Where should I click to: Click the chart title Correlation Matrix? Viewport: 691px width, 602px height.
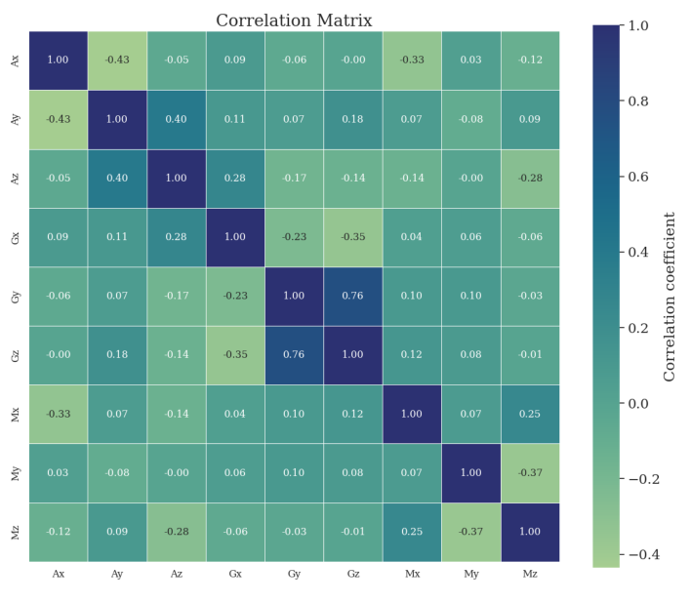(307, 20)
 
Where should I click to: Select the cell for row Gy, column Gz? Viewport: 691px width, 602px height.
(353, 296)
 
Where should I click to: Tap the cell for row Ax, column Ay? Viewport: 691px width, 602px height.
(117, 60)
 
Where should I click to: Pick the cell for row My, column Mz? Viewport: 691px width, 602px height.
(530, 472)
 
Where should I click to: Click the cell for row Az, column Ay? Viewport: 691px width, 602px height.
(117, 178)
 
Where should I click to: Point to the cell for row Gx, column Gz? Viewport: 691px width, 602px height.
(353, 237)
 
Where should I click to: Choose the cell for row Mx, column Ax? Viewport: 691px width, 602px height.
(59, 414)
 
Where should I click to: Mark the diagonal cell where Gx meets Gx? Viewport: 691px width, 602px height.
(235, 237)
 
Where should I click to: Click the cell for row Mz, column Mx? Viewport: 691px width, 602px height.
(412, 532)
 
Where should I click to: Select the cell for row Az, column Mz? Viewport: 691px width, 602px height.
(530, 178)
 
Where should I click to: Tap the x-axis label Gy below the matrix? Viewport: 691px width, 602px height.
(295, 574)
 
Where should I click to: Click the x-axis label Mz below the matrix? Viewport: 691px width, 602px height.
(530, 574)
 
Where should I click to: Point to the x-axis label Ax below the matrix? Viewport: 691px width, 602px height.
(59, 574)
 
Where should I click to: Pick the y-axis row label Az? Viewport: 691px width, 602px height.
(15, 178)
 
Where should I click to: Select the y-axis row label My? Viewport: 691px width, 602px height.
(15, 472)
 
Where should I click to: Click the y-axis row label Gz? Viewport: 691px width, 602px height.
(15, 355)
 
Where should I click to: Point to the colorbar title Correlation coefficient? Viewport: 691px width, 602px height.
(670, 296)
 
